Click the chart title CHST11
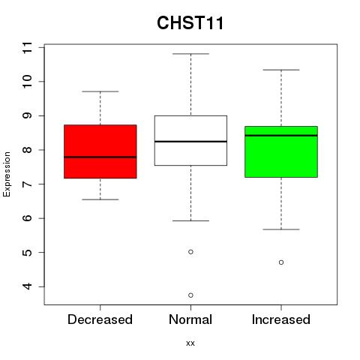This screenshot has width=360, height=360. coord(190,22)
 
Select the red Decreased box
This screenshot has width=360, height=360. coord(100,151)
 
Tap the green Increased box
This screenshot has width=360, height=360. coord(281,151)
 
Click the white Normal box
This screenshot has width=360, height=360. coord(190,140)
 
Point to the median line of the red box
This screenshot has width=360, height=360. coord(100,157)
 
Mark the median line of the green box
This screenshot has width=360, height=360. coord(281,136)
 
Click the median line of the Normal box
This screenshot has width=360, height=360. coord(190,142)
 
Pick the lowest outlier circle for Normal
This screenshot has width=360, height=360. coord(190,295)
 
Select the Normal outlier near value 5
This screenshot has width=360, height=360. coord(190,252)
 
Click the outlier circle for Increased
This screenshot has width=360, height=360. coord(281,262)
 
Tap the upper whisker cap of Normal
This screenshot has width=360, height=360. coord(190,54)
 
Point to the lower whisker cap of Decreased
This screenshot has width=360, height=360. coord(100,199)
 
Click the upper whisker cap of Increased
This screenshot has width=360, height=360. coord(281,70)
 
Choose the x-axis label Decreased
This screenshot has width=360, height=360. coord(100,319)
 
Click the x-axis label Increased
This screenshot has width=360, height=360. coord(281,319)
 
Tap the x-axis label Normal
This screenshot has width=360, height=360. coord(190,319)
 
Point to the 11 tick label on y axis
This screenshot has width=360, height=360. coord(27,47)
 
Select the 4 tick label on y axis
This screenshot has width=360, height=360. coord(27,286)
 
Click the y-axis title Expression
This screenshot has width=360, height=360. coord(7,174)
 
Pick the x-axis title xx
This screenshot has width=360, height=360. coord(190,343)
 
